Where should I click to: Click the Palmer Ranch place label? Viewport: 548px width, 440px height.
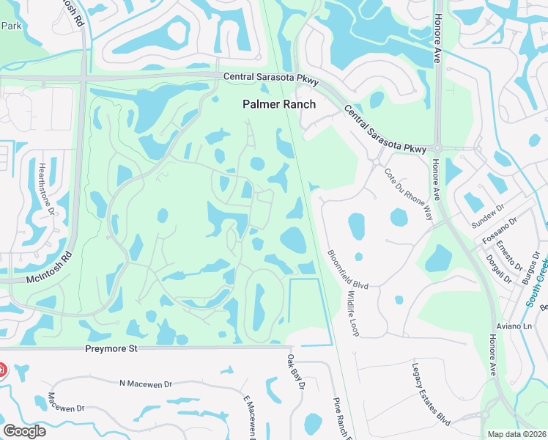tap(279, 104)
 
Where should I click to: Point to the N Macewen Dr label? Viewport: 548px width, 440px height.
tap(145, 384)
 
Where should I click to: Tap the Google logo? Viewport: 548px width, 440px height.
tap(24, 431)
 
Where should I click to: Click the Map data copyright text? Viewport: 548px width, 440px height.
tap(517, 434)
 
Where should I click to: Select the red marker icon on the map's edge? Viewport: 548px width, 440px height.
tap(2, 369)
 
